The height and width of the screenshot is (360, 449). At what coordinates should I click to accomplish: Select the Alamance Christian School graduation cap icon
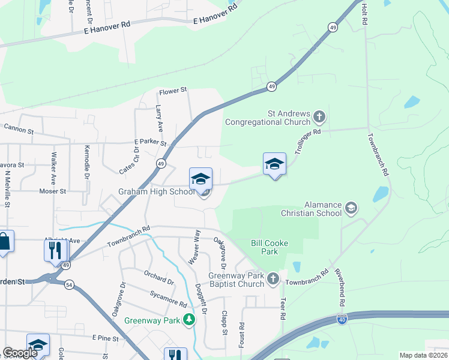(351, 208)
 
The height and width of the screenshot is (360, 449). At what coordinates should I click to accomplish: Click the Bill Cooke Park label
(269, 247)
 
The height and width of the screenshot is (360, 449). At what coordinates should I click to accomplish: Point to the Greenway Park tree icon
(190, 319)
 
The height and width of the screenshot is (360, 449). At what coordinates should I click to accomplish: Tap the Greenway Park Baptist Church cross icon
(273, 278)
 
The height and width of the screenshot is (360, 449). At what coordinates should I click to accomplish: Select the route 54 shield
(70, 285)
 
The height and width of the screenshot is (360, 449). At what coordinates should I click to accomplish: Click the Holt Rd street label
(364, 13)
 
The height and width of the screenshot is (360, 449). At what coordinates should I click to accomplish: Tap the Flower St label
(173, 91)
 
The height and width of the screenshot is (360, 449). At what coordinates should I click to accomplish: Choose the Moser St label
(52, 191)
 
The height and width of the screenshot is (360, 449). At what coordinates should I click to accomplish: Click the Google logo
(19, 353)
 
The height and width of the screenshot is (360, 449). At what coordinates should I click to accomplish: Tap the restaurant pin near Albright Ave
(56, 250)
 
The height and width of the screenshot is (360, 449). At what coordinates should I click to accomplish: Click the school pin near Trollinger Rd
(274, 164)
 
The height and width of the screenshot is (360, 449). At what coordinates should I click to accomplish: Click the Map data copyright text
(424, 355)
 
